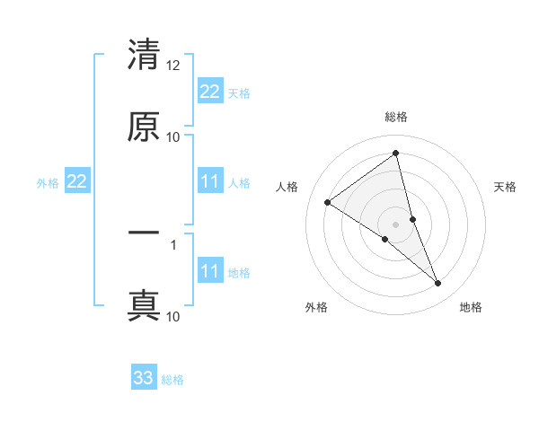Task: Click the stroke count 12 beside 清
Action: point(173,66)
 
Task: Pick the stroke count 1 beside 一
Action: point(173,243)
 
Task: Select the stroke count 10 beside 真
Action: point(173,316)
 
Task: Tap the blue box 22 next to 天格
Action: point(209,92)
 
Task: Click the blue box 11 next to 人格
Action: point(209,182)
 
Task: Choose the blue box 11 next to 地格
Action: point(209,271)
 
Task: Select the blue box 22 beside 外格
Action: point(76,182)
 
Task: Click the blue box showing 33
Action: point(144,378)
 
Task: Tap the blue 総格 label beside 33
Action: point(172,380)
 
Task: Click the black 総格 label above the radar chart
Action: point(396,117)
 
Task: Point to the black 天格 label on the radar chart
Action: point(505,187)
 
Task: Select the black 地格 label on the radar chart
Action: point(471,307)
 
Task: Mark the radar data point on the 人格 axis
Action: point(328,202)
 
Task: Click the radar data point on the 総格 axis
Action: point(396,153)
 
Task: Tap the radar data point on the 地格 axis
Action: point(438,284)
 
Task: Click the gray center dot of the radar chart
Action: point(396,224)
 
